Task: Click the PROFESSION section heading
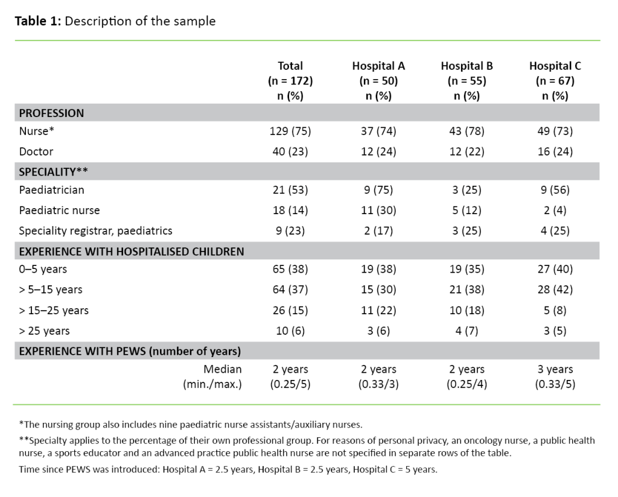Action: [51, 113]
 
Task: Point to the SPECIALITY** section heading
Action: [54, 171]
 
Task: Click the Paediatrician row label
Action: [51, 191]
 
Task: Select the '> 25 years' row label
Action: [44, 331]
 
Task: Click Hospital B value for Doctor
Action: [467, 152]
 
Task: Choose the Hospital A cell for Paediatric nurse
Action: [378, 211]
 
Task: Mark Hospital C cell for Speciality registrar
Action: [555, 230]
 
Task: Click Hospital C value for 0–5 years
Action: [555, 270]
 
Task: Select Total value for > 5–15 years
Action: [290, 290]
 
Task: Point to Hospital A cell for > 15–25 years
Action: [378, 311]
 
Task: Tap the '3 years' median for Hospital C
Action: [555, 369]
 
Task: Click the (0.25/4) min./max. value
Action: [467, 384]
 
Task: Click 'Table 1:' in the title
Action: [37, 22]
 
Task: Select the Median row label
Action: [223, 369]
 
